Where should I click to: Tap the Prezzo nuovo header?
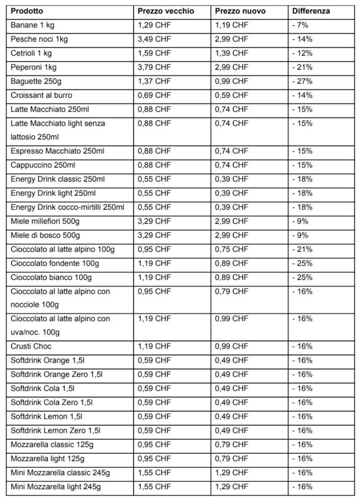[241, 11]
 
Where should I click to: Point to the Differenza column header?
[311, 11]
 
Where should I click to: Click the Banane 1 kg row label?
[32, 25]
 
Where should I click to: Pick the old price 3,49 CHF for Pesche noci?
[154, 39]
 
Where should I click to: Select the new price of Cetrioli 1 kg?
[231, 53]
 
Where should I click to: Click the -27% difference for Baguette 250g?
[303, 82]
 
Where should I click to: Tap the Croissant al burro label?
[41, 96]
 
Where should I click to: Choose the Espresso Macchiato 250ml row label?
[57, 151]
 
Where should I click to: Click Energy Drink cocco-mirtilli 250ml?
[67, 207]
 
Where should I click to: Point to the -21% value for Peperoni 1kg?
[303, 67]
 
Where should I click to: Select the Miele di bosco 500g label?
[45, 236]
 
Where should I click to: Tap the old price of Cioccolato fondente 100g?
[154, 263]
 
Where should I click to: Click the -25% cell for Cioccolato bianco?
[303, 277]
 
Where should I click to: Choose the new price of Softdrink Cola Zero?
[231, 402]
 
